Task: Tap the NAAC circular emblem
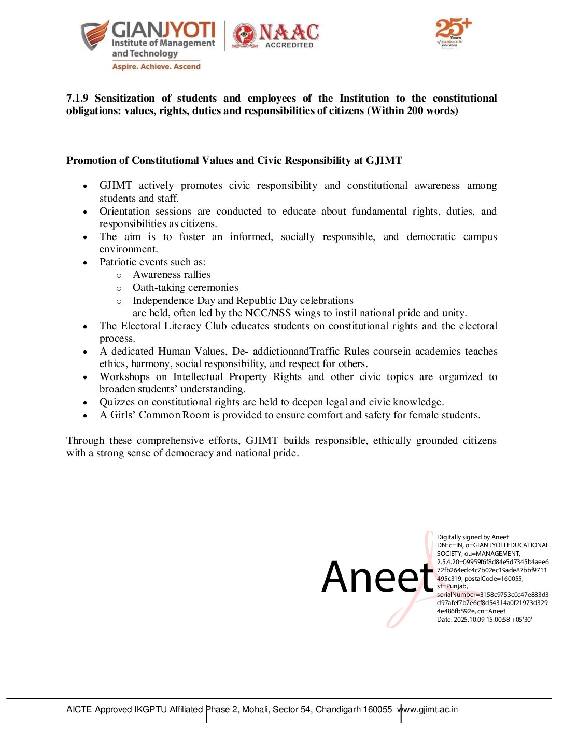(245, 36)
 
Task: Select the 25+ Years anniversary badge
(453, 32)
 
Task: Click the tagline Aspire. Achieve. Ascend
(156, 67)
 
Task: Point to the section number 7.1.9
(77, 99)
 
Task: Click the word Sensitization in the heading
(124, 99)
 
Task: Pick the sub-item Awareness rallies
(172, 275)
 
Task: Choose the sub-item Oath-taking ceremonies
(185, 288)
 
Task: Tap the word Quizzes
(117, 402)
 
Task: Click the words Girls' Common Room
(160, 415)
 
